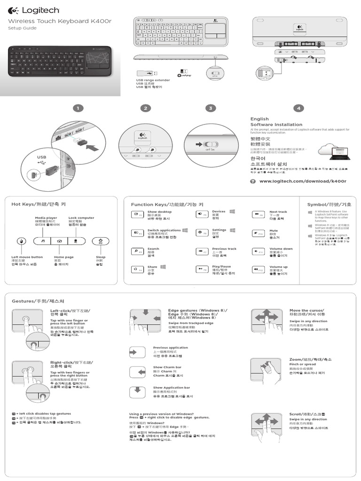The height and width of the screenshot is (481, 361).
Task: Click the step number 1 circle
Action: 80,109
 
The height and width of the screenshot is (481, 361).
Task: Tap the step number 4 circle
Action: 298,109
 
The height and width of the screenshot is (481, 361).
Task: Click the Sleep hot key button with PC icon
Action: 101,241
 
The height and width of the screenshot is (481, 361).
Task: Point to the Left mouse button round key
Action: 21,241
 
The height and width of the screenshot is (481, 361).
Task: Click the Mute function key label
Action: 273,231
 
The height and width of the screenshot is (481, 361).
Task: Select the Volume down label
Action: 281,249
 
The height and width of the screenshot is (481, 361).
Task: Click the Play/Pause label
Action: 221,266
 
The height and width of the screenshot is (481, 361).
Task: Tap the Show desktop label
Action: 159,212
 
